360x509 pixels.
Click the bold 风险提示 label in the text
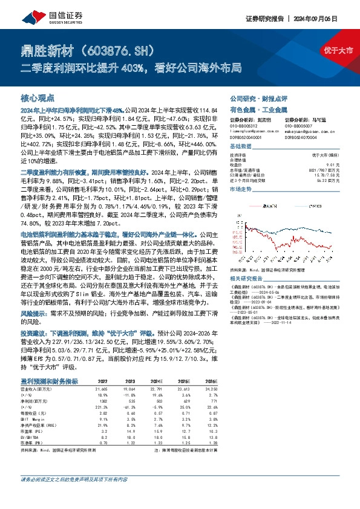coord(34,314)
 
